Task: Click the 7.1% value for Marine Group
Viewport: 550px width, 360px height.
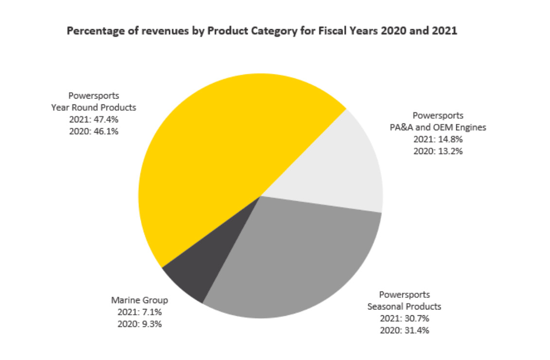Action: (x=152, y=312)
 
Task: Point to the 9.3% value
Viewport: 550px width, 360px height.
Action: (x=152, y=324)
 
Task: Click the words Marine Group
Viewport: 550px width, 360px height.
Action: (x=140, y=300)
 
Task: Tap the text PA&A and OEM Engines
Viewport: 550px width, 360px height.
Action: (x=438, y=127)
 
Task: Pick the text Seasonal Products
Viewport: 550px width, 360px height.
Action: (x=404, y=307)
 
